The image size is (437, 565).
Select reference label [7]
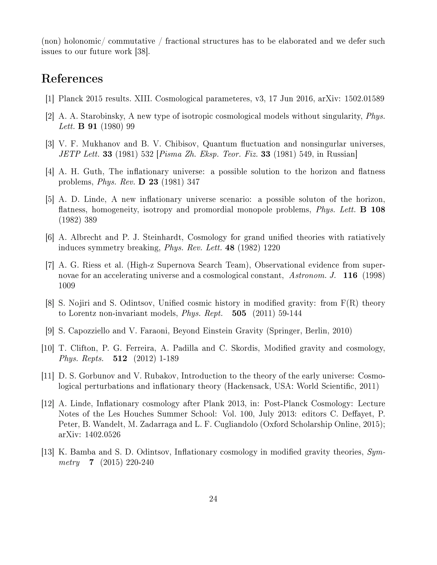50,265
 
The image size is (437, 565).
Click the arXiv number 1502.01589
364,99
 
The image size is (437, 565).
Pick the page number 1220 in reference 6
272,248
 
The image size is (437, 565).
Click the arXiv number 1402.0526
102,435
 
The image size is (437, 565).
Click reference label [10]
48,348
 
